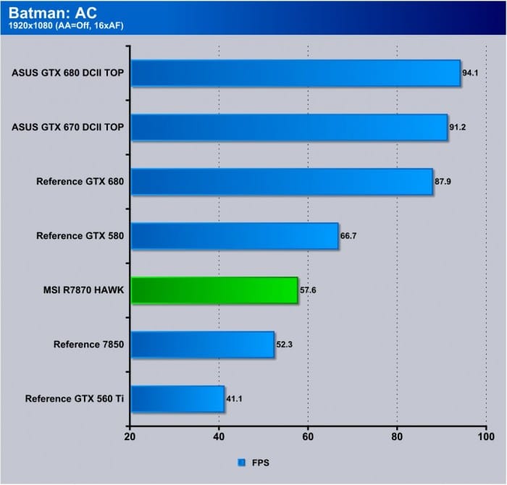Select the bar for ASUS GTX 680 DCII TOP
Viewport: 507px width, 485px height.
tap(296, 73)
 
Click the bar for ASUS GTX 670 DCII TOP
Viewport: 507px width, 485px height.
tap(289, 127)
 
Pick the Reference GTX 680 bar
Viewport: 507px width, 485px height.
tap(282, 182)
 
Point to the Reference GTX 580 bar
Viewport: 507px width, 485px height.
tap(235, 236)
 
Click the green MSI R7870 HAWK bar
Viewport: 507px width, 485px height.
tap(214, 290)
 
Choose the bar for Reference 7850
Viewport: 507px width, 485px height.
tap(202, 345)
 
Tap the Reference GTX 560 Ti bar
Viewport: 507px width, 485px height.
tap(177, 399)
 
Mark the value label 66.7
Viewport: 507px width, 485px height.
tap(348, 236)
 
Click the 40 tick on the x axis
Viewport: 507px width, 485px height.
tap(219, 437)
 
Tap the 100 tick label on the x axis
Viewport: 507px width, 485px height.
tap(485, 437)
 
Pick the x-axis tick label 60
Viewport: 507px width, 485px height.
tap(308, 437)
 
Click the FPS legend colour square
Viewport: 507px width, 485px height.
tap(240, 461)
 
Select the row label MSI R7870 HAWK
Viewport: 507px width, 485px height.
tap(83, 290)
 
